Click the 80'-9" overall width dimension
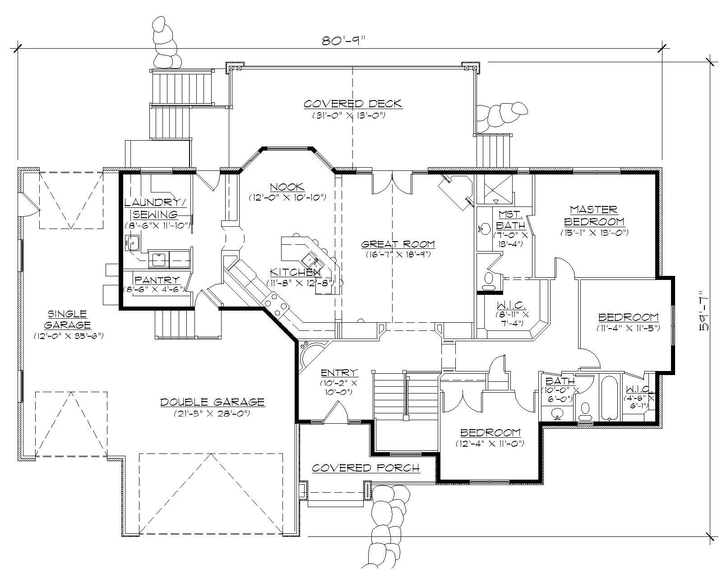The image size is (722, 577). tap(342, 41)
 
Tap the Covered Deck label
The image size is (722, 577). tap(352, 104)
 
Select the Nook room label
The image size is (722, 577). tap(287, 187)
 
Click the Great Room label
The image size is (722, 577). tap(398, 244)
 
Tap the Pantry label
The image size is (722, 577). tap(157, 280)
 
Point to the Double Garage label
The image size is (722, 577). tap(212, 402)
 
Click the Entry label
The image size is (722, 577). tap(339, 373)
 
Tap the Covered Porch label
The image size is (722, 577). tap(366, 468)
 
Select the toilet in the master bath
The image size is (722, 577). tap(488, 281)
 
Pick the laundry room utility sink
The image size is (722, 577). tap(133, 243)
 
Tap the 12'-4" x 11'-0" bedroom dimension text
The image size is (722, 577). tap(490, 444)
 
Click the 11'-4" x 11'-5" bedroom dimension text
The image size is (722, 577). tap(629, 328)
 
